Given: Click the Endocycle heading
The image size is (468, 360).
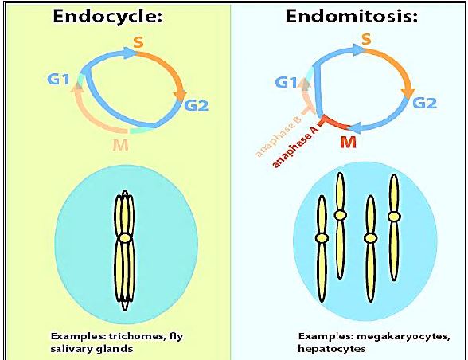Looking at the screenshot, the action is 107,16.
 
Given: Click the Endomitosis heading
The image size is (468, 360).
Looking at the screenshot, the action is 351,16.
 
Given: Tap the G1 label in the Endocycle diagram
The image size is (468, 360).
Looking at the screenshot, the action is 59,80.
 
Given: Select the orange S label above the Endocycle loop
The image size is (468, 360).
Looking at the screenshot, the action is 138,42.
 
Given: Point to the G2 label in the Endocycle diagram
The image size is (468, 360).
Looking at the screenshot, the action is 196,105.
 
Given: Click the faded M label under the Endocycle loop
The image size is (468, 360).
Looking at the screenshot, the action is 121,145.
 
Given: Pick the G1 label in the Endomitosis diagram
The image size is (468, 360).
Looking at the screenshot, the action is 286,82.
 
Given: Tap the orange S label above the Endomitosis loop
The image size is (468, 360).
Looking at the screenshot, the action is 366,39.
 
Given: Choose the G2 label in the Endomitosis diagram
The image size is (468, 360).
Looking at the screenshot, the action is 424,103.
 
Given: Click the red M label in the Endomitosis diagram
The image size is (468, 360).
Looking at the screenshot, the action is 348,143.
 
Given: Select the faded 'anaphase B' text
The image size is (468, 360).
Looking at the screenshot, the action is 277,139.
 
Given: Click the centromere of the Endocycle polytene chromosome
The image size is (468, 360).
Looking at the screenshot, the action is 125,237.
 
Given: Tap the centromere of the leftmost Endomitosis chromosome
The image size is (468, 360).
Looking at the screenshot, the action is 322,238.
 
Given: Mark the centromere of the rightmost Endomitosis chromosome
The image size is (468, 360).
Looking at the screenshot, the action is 394,217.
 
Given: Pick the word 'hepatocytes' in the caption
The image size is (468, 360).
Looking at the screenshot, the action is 332,348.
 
